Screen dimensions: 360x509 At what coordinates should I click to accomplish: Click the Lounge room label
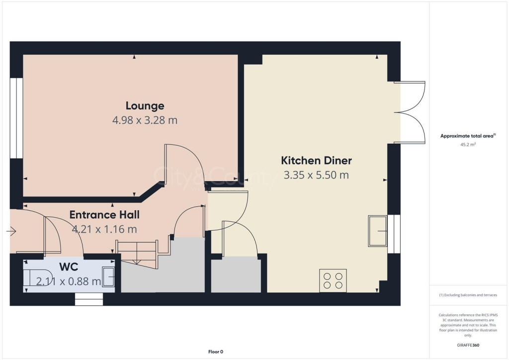(x=145, y=105)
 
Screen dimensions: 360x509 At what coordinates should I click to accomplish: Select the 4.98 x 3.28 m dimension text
(x=145, y=120)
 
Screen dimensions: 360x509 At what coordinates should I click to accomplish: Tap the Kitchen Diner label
(x=316, y=161)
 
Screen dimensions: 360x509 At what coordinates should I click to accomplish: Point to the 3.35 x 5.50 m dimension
(x=316, y=175)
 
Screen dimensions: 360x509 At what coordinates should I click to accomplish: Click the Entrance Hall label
(x=104, y=215)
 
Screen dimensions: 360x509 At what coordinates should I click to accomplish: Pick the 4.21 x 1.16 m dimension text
(x=104, y=229)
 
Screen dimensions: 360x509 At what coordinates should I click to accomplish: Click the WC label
(x=69, y=267)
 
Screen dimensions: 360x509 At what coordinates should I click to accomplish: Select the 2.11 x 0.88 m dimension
(x=69, y=281)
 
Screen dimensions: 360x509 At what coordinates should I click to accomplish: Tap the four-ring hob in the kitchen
(x=333, y=280)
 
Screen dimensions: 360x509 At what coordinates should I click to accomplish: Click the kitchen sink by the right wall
(x=377, y=231)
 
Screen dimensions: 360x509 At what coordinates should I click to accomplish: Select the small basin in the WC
(x=108, y=277)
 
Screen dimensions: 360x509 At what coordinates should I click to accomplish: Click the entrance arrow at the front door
(x=11, y=231)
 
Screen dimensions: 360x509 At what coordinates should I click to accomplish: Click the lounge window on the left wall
(x=16, y=118)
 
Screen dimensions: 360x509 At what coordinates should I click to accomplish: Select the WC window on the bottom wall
(x=89, y=298)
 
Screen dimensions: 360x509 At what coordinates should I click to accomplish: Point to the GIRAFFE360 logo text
(x=469, y=345)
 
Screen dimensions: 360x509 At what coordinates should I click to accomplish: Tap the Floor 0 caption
(x=215, y=352)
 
